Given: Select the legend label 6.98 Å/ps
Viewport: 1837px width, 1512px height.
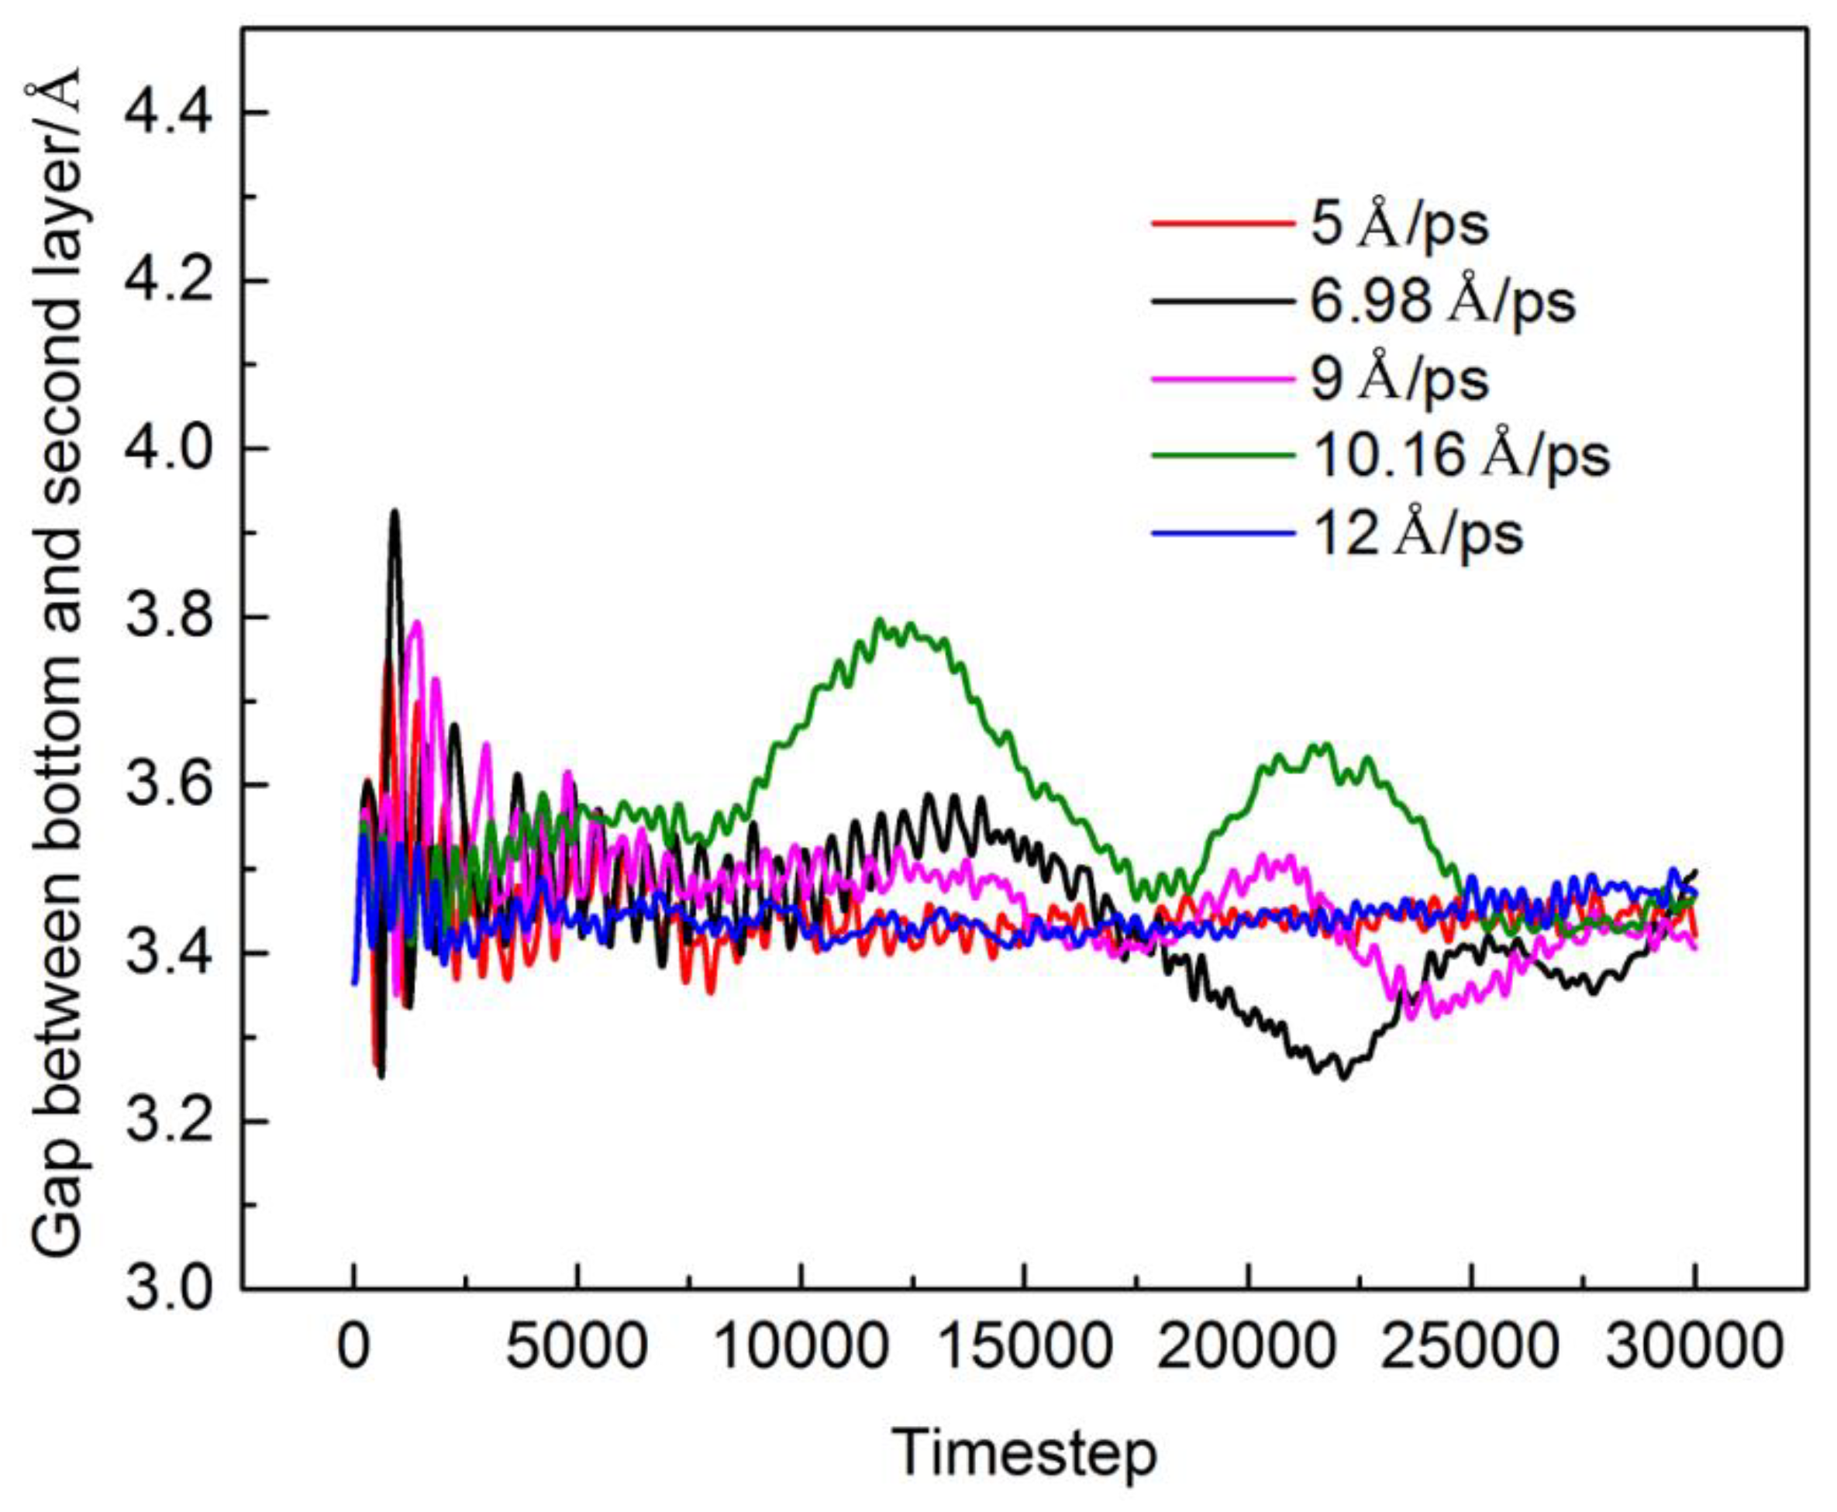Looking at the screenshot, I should pyautogui.click(x=1442, y=301).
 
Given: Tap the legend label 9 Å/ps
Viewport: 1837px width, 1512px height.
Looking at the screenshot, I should pyautogui.click(x=1400, y=378).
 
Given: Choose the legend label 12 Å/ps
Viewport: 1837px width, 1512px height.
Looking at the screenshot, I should pyautogui.click(x=1417, y=532).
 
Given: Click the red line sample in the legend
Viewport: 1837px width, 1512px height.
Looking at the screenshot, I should pyautogui.click(x=1222, y=225).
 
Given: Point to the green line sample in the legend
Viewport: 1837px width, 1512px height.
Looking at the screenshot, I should pyautogui.click(x=1222, y=455).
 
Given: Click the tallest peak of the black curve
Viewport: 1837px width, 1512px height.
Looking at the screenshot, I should pyautogui.click(x=395, y=512).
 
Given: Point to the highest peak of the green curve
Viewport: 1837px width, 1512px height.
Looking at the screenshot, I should pyautogui.click(x=880, y=620).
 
